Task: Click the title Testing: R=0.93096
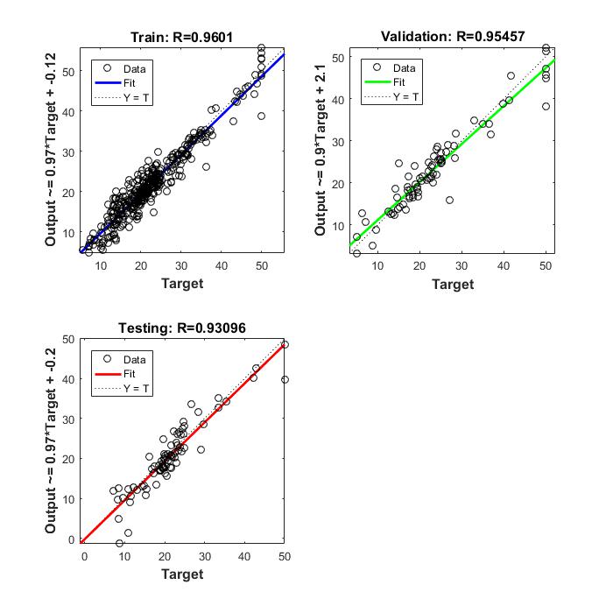[x=182, y=328]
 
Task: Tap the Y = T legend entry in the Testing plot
[x=136, y=388]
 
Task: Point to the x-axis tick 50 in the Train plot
[x=260, y=265]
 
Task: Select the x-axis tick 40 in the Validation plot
[x=504, y=265]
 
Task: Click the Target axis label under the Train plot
[x=182, y=283]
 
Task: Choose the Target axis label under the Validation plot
[x=453, y=283]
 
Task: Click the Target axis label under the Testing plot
[x=182, y=574]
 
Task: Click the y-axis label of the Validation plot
[x=319, y=150]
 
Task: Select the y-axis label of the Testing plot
[x=50, y=440]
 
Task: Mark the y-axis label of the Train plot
[x=50, y=150]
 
